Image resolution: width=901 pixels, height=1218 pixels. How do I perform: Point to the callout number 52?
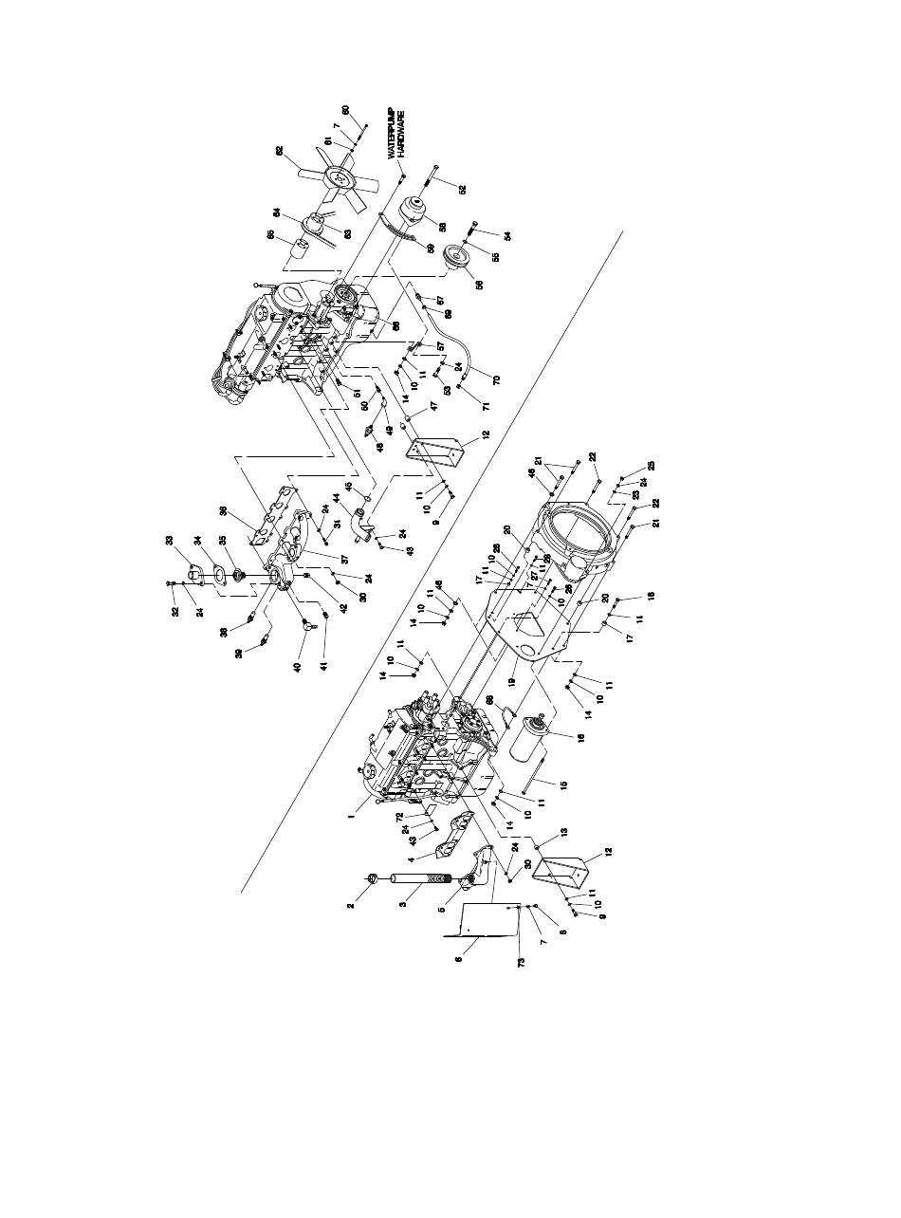point(462,189)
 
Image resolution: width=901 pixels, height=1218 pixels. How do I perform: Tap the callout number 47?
point(432,405)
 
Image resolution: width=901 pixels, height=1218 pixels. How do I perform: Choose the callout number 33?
point(172,541)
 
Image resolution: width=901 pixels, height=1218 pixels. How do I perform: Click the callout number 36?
point(224,511)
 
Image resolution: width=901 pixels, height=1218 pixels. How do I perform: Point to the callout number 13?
point(563,831)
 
